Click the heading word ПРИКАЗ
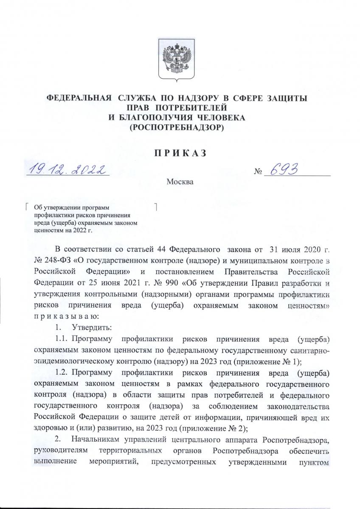point(180,152)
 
